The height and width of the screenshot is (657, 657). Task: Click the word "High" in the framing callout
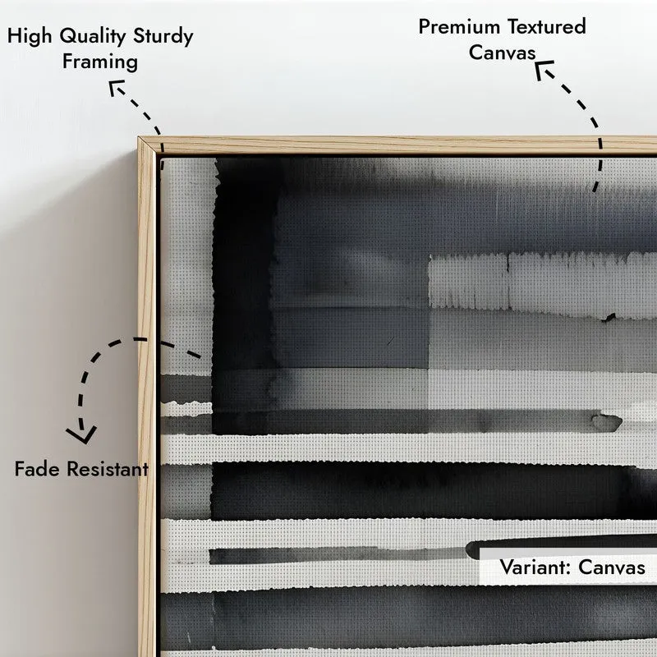30,36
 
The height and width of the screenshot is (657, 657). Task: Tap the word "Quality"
93,36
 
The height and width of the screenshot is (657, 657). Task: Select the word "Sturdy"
163,36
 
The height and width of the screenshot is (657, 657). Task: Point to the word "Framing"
100,62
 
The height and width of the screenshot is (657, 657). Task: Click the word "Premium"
459,27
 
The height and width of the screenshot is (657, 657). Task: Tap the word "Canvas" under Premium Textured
502,53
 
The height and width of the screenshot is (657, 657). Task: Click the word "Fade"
37,468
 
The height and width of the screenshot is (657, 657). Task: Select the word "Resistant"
108,468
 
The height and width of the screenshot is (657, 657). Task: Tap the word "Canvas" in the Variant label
612,567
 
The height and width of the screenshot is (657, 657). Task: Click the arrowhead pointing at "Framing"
115,86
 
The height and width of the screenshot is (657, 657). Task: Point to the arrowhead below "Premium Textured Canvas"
543,69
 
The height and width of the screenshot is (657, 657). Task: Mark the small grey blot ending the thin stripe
606,422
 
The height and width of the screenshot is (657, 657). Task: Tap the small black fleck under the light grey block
609,317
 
